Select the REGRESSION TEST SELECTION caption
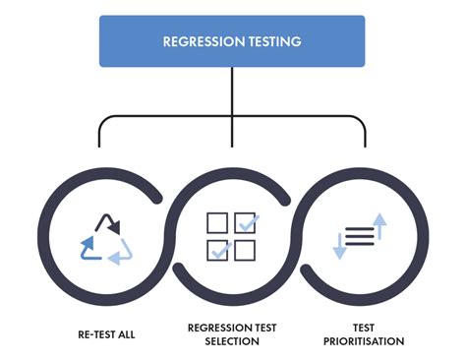click(232, 335)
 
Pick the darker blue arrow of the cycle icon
click(87, 245)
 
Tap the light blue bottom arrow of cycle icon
click(118, 257)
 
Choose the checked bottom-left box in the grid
click(218, 250)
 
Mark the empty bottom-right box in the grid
click(246, 250)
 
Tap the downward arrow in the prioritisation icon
click(339, 246)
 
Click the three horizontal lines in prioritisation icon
click(360, 236)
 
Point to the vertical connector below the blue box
click(232, 93)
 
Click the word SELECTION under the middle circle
click(232, 342)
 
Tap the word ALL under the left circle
click(126, 334)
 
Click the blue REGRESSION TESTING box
click(232, 42)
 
